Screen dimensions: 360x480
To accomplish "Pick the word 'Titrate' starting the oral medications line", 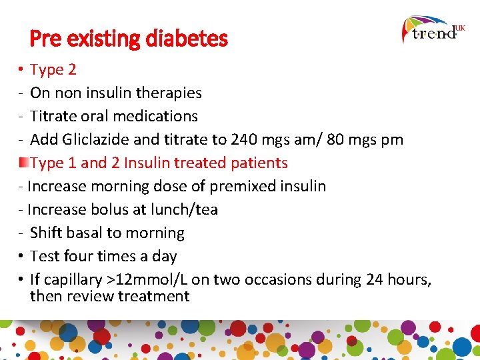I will point(52,116).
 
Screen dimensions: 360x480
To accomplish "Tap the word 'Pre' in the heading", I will point(45,39).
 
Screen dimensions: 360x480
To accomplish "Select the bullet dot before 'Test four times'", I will point(22,256).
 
